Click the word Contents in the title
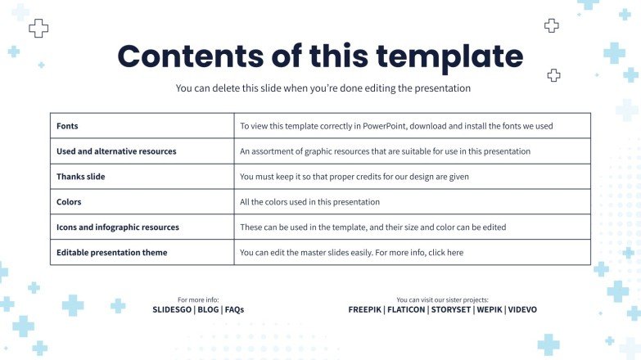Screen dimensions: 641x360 pos(191,56)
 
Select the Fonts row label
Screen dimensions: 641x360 pos(67,126)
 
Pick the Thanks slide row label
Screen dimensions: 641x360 pos(80,177)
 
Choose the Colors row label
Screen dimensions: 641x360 pos(69,202)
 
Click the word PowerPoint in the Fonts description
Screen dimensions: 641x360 pos(384,126)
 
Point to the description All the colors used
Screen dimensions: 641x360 pos(310,202)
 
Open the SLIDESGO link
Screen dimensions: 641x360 pos(172,310)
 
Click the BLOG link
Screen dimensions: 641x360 pos(208,310)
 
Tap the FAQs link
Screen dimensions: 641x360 pos(234,310)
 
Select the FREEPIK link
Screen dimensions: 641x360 pos(364,310)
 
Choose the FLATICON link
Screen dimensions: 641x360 pos(406,310)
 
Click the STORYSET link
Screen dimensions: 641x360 pos(451,310)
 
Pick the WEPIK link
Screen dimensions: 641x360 pos(490,310)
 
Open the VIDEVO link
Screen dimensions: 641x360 pos(522,310)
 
